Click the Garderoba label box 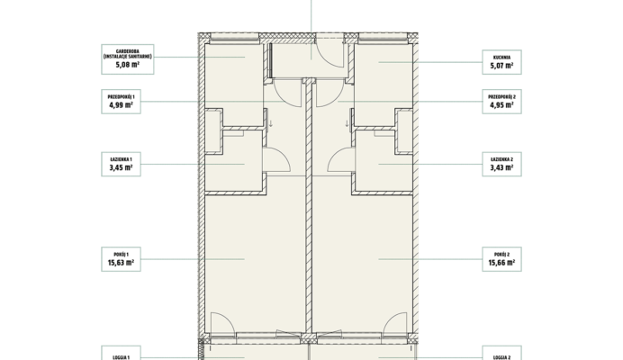pyautogui.click(x=128, y=59)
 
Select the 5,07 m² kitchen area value pyautogui.click(x=501, y=66)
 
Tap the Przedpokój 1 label pyautogui.click(x=122, y=97)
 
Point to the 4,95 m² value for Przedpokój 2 pyautogui.click(x=501, y=105)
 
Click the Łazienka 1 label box pyautogui.click(x=122, y=164)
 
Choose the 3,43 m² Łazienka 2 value pyautogui.click(x=501, y=167)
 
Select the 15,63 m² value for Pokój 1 pyautogui.click(x=121, y=263)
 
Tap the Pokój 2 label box pyautogui.click(x=501, y=259)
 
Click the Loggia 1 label pyautogui.click(x=122, y=357)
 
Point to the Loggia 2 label pyautogui.click(x=501, y=357)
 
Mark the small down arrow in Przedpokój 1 pyautogui.click(x=271, y=123)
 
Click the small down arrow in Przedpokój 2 pyautogui.click(x=347, y=123)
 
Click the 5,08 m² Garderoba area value pyautogui.click(x=128, y=65)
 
